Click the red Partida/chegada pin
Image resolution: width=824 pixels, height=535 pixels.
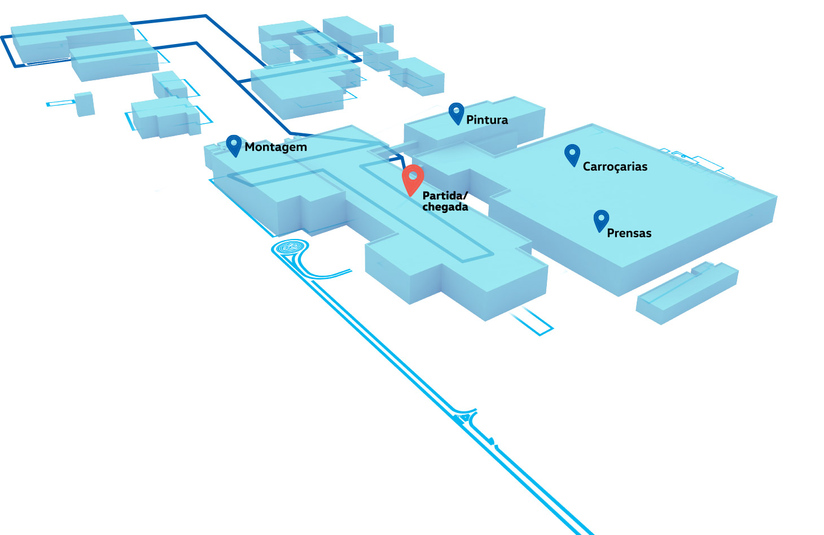413,178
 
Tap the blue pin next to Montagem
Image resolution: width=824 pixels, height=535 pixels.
234,145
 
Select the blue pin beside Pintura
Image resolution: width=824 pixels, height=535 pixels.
456,112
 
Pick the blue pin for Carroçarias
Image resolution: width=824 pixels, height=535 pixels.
572,154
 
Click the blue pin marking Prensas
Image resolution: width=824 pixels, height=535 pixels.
601,220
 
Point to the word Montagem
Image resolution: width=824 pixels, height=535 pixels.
276,147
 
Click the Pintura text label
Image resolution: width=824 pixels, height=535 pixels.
487,120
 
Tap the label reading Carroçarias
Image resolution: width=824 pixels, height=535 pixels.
615,167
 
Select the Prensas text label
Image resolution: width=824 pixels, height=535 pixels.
629,233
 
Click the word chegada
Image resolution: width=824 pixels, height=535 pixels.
445,207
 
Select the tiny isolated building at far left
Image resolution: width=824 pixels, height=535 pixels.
85,104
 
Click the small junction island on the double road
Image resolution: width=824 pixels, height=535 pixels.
464,418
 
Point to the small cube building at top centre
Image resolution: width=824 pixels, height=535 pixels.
387,33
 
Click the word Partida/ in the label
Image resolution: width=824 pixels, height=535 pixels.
445,195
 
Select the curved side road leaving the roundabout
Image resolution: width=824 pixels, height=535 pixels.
322,275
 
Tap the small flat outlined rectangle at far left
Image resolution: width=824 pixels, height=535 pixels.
60,103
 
